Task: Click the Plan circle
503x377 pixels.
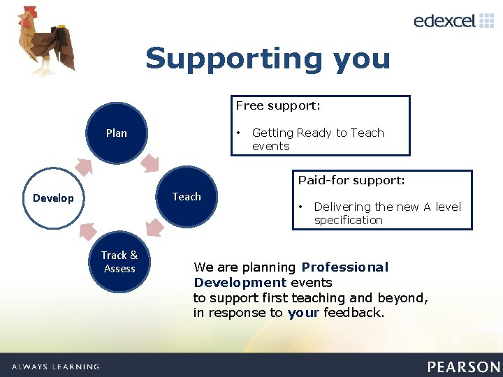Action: click(x=117, y=133)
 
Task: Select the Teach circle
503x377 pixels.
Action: click(x=187, y=197)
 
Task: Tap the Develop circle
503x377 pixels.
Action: click(x=53, y=198)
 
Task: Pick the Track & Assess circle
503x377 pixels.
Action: click(x=119, y=262)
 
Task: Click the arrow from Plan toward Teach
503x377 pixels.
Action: click(x=149, y=163)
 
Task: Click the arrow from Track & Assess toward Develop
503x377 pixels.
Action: click(x=87, y=230)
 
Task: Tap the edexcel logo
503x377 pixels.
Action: click(x=453, y=21)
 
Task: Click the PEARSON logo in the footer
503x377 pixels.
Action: click(x=463, y=367)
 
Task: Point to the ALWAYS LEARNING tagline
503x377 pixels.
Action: click(x=55, y=367)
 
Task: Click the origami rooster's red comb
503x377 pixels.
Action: click(x=28, y=13)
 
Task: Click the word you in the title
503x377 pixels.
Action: click(x=361, y=59)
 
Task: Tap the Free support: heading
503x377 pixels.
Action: click(x=278, y=106)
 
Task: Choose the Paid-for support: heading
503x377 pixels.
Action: click(x=351, y=181)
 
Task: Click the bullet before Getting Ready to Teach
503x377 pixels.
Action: click(x=240, y=133)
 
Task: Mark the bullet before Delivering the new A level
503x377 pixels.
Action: click(x=302, y=207)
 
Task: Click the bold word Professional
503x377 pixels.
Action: click(x=345, y=267)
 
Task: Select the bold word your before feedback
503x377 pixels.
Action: click(x=303, y=313)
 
